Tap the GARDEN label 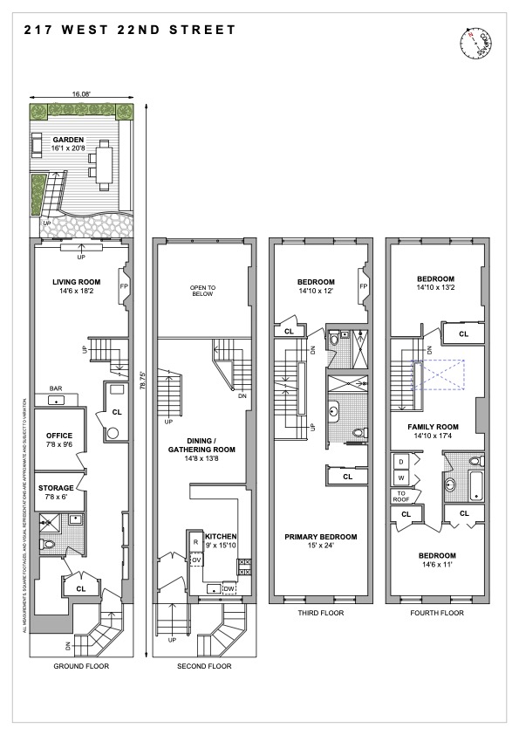[67, 139]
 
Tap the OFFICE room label [59, 436]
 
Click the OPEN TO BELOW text [202, 291]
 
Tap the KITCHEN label [217, 534]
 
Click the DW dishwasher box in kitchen [229, 589]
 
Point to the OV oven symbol [195, 560]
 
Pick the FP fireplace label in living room [124, 285]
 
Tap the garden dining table [105, 167]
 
